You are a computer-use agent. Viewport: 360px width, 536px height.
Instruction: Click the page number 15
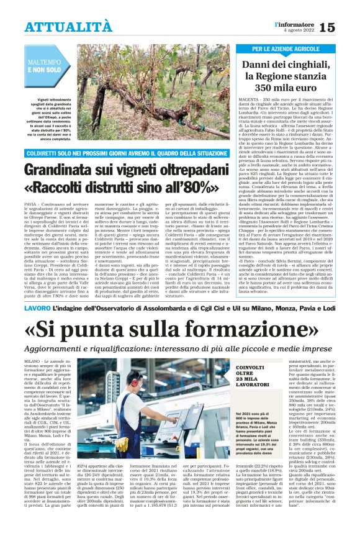[344, 27]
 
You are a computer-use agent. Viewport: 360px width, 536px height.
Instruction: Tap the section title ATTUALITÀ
[68, 27]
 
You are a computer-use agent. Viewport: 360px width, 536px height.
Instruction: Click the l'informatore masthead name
[295, 24]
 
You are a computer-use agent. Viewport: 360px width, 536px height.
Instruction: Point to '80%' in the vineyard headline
[206, 188]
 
